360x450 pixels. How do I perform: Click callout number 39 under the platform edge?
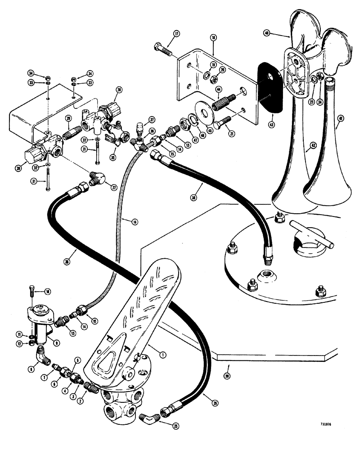[226, 374]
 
